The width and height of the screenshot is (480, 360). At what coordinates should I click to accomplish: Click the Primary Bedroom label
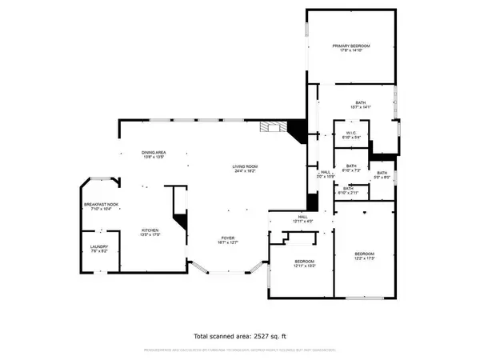[x=352, y=46]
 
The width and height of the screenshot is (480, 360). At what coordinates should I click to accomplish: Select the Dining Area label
[x=154, y=152]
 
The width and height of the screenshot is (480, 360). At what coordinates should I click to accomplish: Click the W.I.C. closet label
[x=350, y=133]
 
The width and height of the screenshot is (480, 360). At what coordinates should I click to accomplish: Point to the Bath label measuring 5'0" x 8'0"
[x=382, y=173]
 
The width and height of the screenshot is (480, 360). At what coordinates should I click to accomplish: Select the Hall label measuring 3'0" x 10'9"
[x=326, y=171]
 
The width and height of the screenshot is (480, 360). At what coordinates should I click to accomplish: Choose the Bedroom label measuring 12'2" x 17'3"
[x=364, y=254]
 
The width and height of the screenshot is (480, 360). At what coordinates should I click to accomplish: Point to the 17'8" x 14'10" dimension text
[x=352, y=51]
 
